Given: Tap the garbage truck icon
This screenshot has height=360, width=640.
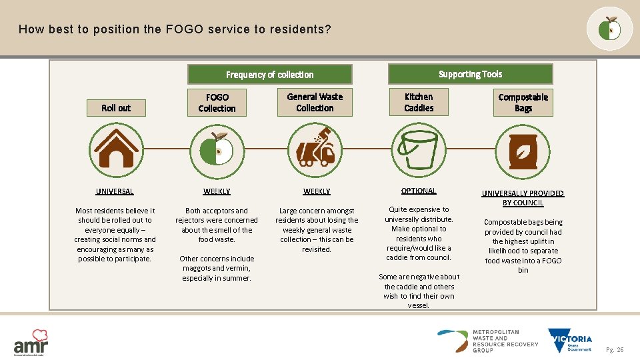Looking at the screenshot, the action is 316,148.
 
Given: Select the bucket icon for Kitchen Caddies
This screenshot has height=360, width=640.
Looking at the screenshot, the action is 419,148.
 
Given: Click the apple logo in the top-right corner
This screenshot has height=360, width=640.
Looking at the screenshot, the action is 609,29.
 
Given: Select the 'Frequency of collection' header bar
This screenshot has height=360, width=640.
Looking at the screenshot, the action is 269,74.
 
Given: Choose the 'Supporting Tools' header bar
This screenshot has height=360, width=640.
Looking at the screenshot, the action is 470,74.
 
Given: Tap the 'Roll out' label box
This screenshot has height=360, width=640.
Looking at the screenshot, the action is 116,108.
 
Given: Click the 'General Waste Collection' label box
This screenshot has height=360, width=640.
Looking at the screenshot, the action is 315,103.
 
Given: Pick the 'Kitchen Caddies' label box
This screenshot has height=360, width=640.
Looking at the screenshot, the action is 419,103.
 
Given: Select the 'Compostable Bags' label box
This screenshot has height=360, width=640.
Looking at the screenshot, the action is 523,103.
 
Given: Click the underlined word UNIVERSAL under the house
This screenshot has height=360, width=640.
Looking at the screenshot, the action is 115,191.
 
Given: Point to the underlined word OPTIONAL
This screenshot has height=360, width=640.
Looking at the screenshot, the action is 419,191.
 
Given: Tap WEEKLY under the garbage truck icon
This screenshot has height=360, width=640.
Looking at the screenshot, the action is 317,191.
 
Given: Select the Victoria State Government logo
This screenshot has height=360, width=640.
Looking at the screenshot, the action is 570,340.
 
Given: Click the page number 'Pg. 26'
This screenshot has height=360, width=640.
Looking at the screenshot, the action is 615,350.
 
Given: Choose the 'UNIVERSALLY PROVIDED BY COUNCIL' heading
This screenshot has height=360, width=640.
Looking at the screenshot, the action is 523,198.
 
